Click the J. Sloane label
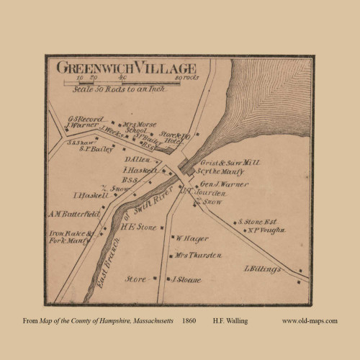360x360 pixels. click(x=184, y=279)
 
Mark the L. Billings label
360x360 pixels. click(x=263, y=269)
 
